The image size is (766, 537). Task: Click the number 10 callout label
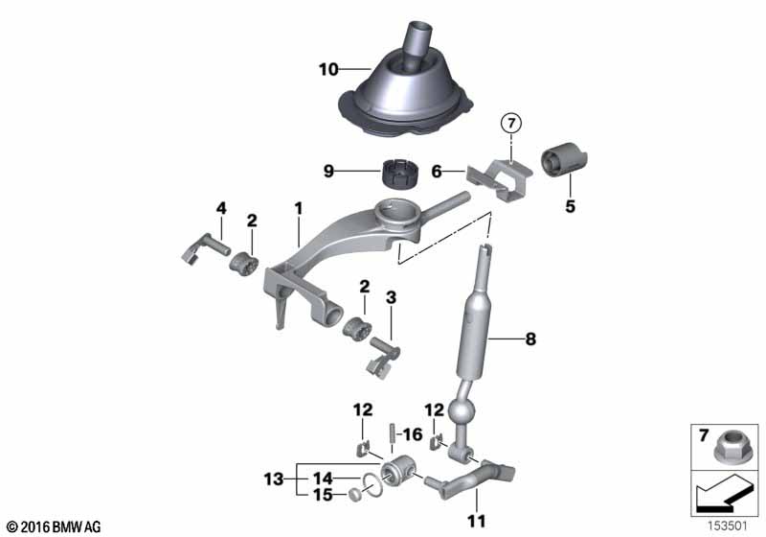pos(328,69)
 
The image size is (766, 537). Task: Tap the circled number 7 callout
pos(511,123)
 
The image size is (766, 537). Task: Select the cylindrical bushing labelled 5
pos(565,160)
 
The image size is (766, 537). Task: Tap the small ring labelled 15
pos(353,494)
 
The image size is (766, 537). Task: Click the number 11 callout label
pos(475,523)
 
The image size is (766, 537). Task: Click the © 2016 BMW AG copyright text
pos(54,526)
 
